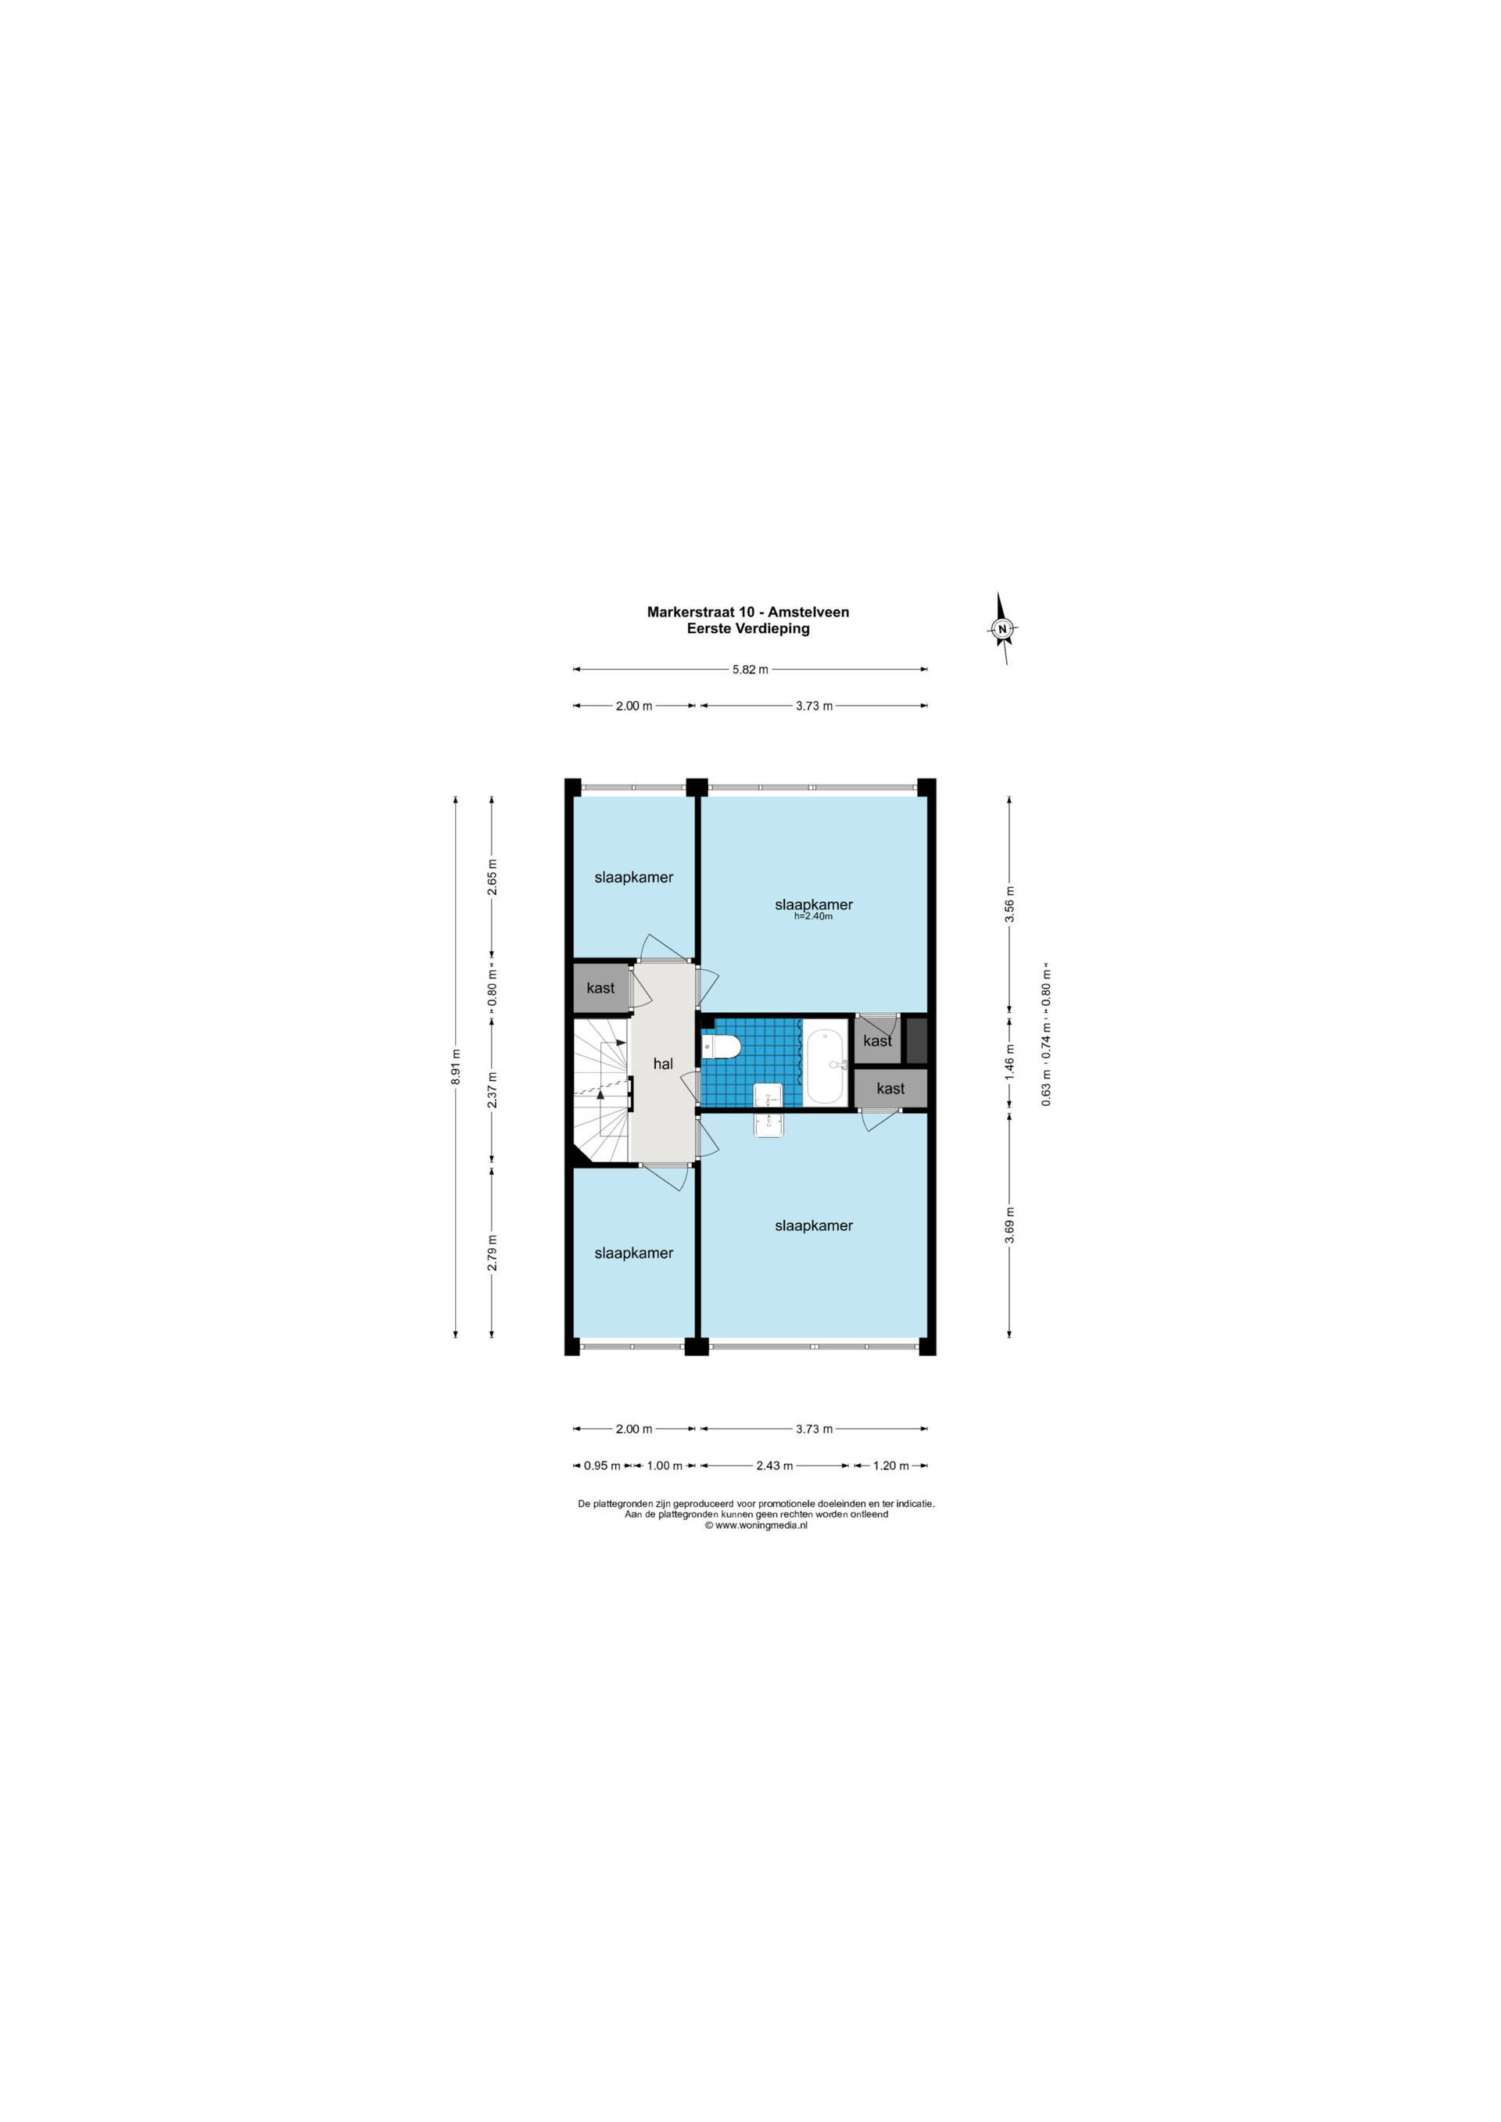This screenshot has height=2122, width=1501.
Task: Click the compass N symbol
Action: (1002, 628)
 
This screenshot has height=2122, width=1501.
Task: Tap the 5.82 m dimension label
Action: (750, 670)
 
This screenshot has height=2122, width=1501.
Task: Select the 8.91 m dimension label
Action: (455, 1067)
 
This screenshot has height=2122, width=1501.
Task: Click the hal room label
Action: (663, 1064)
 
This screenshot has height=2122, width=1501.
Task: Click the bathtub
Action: (826, 1063)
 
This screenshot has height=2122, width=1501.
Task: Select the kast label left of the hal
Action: (600, 988)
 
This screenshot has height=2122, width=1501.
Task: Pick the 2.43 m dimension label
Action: (775, 1465)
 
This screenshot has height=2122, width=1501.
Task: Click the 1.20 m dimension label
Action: (891, 1465)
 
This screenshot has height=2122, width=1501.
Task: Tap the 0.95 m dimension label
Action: (603, 1465)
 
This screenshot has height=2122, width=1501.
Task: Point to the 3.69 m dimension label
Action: (1010, 1226)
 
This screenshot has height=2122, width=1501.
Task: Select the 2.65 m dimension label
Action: (493, 877)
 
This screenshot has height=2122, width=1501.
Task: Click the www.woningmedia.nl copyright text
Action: (756, 1526)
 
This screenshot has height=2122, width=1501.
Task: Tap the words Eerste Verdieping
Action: (747, 628)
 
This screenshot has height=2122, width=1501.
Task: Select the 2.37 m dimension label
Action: (493, 1090)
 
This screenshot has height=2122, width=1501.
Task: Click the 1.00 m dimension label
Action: (665, 1465)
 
